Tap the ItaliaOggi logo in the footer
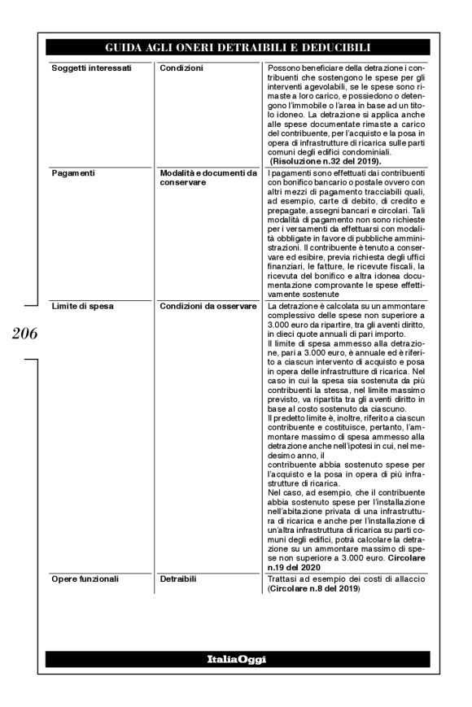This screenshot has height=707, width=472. point(235,657)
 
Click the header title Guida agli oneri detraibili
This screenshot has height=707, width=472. point(235,48)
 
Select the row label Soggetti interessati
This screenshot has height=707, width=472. point(86,66)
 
